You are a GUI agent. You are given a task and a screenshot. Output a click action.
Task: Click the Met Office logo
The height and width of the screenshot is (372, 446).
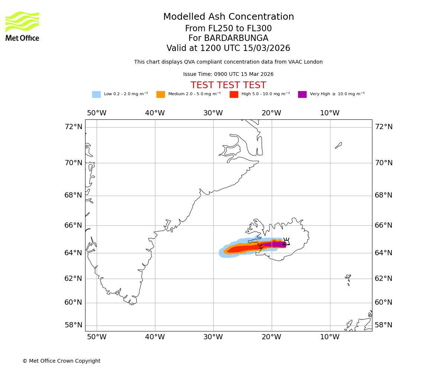click(x=22, y=26)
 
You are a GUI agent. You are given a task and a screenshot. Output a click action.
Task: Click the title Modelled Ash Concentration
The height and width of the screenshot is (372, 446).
click(x=229, y=17)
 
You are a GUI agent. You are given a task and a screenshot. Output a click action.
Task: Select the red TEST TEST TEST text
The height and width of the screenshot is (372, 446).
click(x=228, y=85)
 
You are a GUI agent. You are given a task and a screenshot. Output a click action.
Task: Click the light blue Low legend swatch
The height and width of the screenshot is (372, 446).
click(x=96, y=94)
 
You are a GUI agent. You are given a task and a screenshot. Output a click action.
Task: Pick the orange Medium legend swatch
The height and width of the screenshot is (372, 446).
click(x=161, y=94)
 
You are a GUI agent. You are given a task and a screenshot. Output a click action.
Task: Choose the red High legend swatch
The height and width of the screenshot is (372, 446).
click(x=234, y=94)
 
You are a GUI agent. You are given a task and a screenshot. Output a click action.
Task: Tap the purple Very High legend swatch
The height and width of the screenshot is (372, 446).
click(x=302, y=94)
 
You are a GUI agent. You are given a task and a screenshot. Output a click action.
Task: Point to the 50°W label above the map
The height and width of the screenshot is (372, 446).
click(x=97, y=113)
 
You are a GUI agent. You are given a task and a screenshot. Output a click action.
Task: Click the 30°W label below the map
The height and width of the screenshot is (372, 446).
click(x=213, y=337)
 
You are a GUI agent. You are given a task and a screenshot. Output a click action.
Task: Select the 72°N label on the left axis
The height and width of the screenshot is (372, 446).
click(x=73, y=127)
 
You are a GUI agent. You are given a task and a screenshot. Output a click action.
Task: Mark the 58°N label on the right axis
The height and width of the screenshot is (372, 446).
click(x=383, y=325)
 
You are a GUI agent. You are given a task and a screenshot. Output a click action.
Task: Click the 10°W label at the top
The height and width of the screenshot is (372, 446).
click(x=330, y=113)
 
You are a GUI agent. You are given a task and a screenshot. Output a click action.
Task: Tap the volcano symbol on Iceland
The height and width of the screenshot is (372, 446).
click(x=286, y=241)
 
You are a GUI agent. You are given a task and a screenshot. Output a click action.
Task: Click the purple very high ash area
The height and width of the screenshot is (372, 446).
click(x=275, y=244)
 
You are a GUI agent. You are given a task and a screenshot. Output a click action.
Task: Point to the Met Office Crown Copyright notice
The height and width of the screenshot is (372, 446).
click(x=61, y=361)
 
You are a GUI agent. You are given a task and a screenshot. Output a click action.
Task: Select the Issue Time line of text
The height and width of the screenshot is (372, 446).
click(x=228, y=74)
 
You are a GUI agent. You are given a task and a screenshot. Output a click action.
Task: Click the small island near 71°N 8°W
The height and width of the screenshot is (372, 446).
click(x=338, y=145)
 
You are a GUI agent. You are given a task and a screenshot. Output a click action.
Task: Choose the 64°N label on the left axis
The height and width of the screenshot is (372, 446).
click(x=73, y=253)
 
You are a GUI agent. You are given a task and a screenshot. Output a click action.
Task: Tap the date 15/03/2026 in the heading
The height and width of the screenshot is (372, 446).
click(x=266, y=48)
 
